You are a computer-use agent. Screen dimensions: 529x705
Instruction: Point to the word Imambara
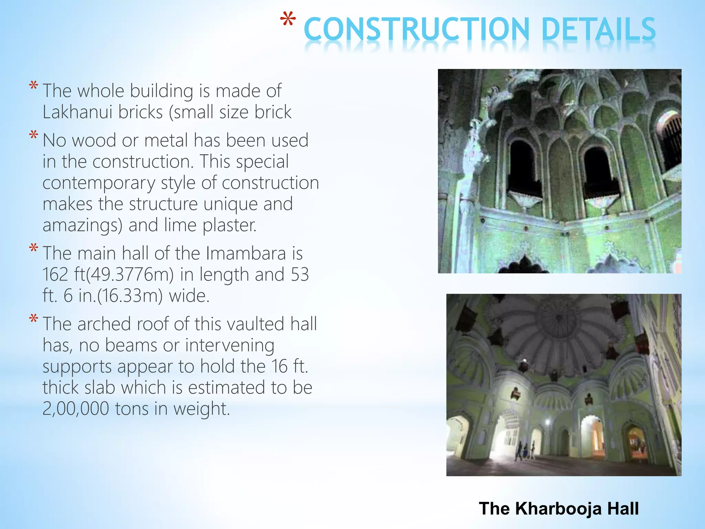[246, 253]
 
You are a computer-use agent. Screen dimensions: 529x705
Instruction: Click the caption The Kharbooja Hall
[558, 508]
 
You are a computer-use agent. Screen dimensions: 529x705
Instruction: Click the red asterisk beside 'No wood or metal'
[33, 135]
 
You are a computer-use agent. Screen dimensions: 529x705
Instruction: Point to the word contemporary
[99, 183]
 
